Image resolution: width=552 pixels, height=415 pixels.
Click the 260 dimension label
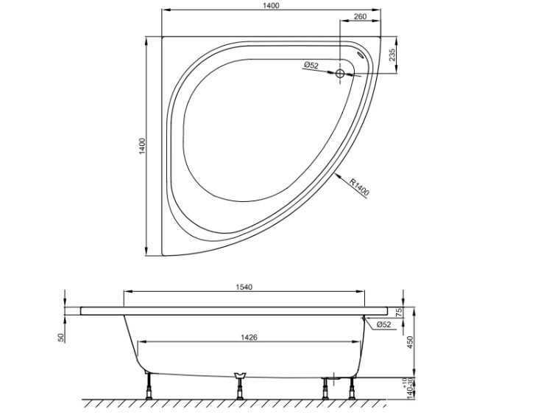click(359, 16)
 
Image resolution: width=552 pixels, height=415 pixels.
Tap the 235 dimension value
click(392, 55)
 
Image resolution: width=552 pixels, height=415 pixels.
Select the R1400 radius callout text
click(359, 187)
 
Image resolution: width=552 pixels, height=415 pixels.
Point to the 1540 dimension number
click(244, 287)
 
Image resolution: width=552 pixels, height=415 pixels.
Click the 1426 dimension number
click(250, 338)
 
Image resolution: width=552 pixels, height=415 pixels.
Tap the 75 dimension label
click(399, 313)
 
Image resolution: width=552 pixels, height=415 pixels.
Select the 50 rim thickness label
click(62, 338)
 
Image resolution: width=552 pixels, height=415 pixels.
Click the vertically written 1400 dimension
click(142, 147)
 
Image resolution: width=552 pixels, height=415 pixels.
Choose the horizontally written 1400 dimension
click(271, 6)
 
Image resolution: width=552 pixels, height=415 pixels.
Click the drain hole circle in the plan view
click(340, 74)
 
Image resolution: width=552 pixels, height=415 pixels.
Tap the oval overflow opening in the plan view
click(361, 55)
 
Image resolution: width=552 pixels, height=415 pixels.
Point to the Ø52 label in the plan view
click(311, 65)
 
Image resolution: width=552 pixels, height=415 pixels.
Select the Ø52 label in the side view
click(383, 325)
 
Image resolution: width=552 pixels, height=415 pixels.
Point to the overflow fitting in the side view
click(364, 318)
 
